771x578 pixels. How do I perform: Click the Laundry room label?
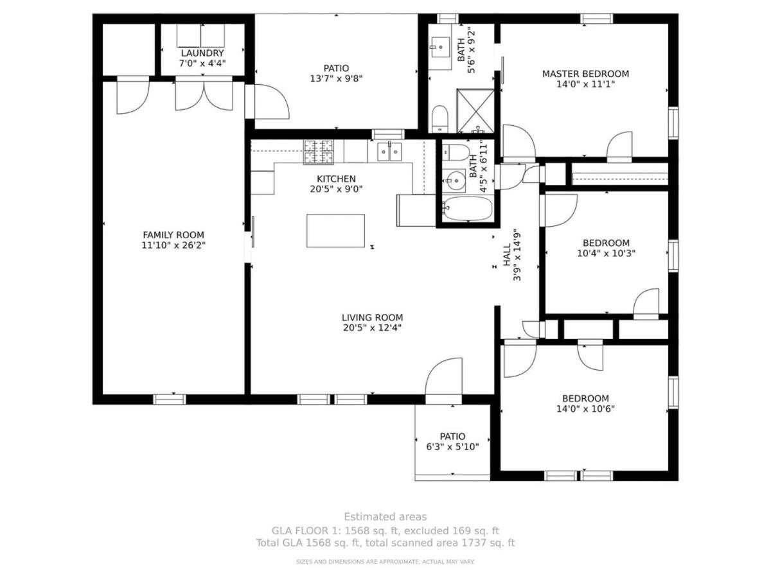(x=202, y=53)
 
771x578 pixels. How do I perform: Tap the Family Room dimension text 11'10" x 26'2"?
(x=173, y=245)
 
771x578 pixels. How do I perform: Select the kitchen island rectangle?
(x=335, y=231)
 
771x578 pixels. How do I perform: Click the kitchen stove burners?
(x=319, y=152)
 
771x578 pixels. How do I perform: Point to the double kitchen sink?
(x=389, y=152)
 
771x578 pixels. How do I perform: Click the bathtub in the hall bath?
(x=467, y=209)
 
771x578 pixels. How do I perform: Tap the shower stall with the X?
(x=475, y=111)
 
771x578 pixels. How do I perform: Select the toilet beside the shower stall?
(x=439, y=119)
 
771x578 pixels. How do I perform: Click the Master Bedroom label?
(x=585, y=74)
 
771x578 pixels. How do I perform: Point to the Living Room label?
(x=372, y=318)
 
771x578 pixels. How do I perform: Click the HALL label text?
(x=507, y=255)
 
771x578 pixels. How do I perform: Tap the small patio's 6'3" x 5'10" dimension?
(x=452, y=447)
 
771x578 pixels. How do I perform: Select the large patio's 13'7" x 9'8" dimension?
(x=336, y=78)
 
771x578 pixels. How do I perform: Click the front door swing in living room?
(x=443, y=378)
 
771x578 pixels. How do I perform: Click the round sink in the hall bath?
(x=454, y=180)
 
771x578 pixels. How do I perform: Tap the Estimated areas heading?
(x=385, y=516)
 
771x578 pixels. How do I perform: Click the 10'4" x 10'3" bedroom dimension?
(x=607, y=253)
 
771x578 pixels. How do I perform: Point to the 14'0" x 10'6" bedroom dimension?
(x=585, y=409)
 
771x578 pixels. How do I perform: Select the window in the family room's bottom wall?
(x=170, y=399)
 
